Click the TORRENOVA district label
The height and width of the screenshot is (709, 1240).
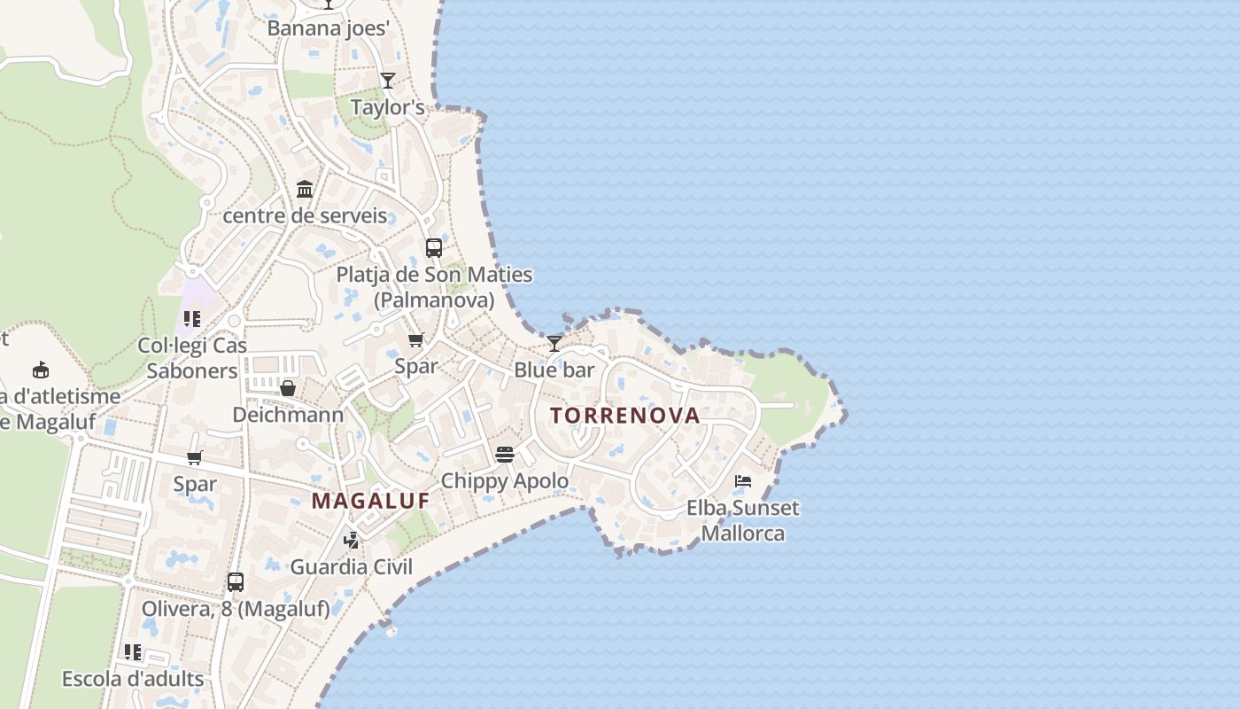point(624,415)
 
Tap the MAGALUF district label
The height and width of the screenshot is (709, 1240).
point(370,501)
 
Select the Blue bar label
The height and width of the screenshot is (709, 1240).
point(554,370)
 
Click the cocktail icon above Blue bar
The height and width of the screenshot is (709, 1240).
point(554,343)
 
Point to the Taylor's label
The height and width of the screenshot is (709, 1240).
point(388,108)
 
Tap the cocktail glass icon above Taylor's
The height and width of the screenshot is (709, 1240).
point(388,81)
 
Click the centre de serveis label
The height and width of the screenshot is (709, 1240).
point(305,215)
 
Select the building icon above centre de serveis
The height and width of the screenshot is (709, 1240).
point(305,189)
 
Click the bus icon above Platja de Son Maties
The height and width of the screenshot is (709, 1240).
point(434,248)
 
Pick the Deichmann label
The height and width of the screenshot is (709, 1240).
point(288,415)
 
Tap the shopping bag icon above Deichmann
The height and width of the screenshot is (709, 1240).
point(288,388)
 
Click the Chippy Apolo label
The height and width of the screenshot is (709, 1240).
point(505,481)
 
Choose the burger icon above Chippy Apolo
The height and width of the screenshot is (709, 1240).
point(505,455)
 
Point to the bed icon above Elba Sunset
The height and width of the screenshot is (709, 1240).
point(743,481)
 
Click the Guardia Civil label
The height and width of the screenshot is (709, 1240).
point(352,567)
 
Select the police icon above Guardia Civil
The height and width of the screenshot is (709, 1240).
point(352,540)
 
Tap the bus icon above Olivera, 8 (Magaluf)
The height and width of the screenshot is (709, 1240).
point(236,582)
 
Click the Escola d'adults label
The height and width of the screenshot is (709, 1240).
point(133,680)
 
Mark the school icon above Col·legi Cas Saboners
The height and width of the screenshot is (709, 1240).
point(192,319)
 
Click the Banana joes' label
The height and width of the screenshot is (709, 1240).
point(329,28)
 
